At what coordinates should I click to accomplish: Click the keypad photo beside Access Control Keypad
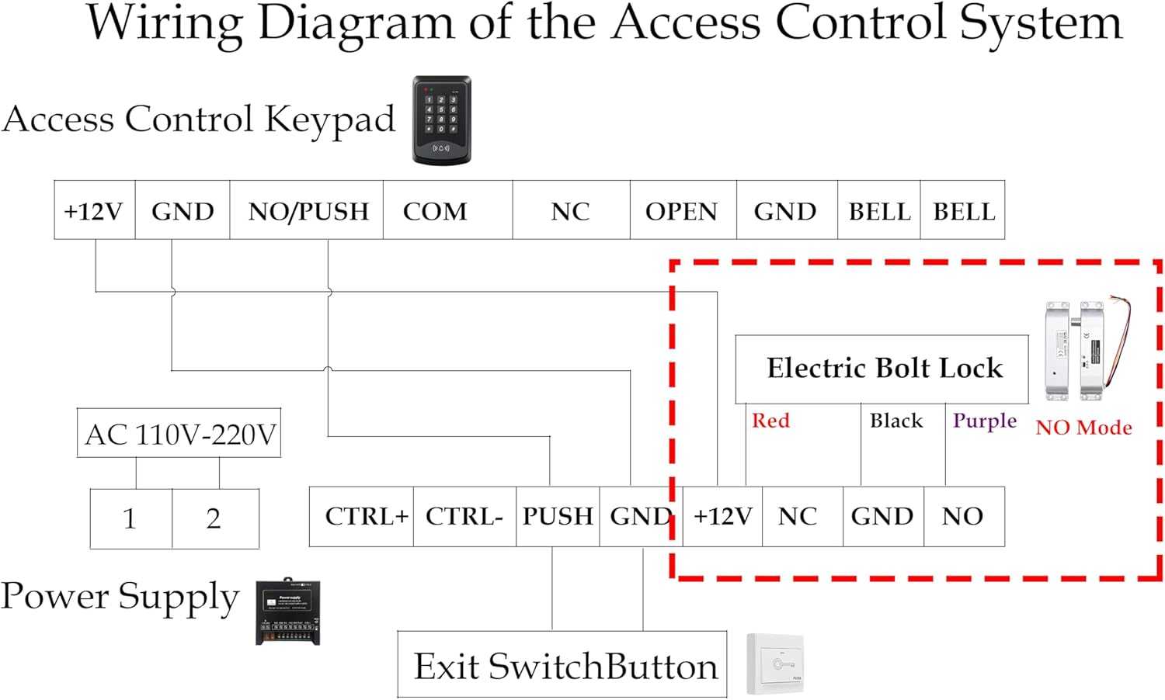pos(442,120)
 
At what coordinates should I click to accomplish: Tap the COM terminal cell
pos(448,210)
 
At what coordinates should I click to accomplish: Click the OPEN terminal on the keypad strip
pos(683,210)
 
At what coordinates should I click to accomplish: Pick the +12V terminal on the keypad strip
pos(95,210)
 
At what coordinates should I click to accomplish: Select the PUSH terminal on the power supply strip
pos(558,517)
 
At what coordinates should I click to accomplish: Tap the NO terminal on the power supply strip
pos(965,517)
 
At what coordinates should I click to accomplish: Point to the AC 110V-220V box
pos(179,433)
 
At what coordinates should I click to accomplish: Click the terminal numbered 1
pos(131,518)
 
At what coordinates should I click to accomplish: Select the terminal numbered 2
pos(215,518)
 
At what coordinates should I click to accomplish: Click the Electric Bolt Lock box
pos(882,369)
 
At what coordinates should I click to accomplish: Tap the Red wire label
pos(770,421)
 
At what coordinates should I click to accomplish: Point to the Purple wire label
pos(985,421)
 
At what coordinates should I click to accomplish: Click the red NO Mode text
pos(1084,428)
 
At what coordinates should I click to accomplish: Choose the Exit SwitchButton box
pos(562,664)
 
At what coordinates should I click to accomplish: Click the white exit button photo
pos(775,664)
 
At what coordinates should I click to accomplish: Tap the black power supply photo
pos(287,612)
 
